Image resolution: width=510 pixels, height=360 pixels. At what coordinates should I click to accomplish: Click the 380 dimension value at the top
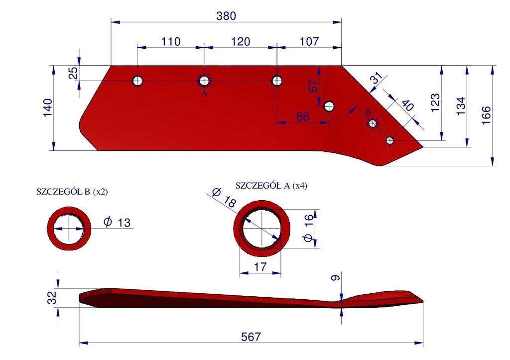[226, 15]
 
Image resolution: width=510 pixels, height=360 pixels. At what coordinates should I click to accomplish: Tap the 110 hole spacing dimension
[171, 42]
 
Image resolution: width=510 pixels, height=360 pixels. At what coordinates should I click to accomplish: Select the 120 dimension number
[241, 42]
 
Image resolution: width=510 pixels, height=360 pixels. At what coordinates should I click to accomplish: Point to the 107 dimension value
[309, 41]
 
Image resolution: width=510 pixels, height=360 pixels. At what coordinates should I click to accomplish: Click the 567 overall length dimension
[251, 337]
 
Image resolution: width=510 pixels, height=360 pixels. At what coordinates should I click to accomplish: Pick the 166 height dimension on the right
[486, 115]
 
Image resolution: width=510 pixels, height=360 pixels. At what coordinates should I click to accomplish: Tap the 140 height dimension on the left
[47, 108]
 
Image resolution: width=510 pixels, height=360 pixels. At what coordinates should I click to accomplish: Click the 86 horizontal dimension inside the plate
[302, 117]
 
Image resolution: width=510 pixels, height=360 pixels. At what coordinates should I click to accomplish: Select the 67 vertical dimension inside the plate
[313, 86]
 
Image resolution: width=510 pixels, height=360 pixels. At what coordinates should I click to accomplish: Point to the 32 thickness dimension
[52, 298]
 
